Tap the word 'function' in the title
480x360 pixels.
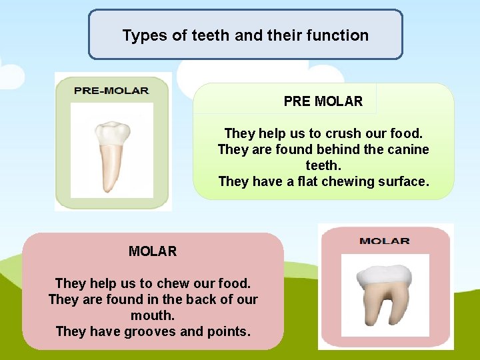click(x=339, y=35)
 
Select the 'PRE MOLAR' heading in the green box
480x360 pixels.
click(x=323, y=101)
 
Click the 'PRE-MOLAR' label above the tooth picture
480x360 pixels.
click(x=111, y=91)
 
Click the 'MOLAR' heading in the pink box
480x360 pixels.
click(x=153, y=251)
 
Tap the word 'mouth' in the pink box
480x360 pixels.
click(x=153, y=315)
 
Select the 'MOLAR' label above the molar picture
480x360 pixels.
click(x=385, y=241)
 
